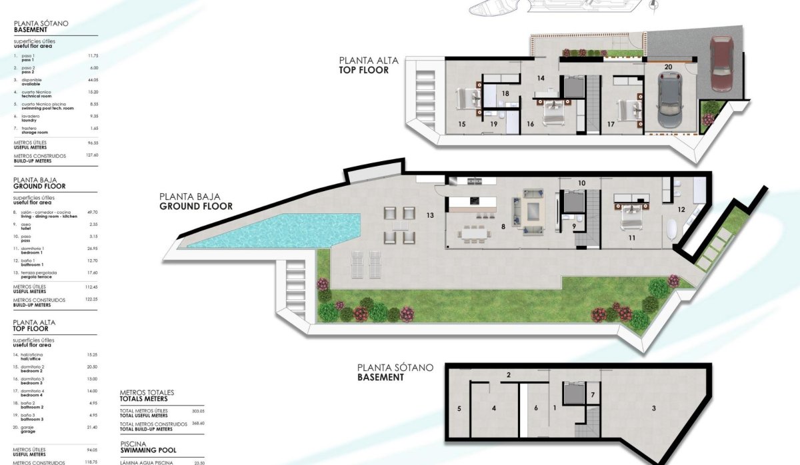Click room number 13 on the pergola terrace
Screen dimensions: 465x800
(x=430, y=215)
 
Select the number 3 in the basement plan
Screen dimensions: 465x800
(x=653, y=408)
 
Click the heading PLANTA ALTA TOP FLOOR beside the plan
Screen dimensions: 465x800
(x=369, y=65)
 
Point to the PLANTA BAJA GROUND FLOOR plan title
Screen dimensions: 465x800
(x=196, y=201)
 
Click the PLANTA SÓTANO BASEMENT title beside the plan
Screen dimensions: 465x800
(x=395, y=372)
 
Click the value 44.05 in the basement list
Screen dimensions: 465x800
(x=92, y=79)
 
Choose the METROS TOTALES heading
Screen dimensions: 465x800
(x=147, y=396)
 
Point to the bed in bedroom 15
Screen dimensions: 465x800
(x=466, y=99)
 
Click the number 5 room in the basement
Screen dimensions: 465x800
(x=459, y=408)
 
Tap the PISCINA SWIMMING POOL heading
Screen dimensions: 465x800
(x=147, y=446)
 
